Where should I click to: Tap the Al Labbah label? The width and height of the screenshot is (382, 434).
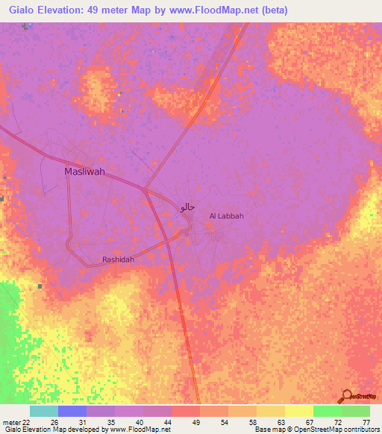tap(227, 216)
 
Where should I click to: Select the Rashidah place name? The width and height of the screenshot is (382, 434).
tap(118, 260)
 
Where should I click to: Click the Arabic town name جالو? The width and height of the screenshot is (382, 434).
tap(187, 206)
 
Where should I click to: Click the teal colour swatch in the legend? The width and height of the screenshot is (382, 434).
tap(43, 411)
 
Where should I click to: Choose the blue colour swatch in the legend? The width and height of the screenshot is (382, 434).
tap(72, 411)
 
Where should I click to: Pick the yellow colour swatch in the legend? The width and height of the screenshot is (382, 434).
tap(298, 411)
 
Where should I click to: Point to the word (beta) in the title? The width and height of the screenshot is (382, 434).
tap(272, 10)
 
